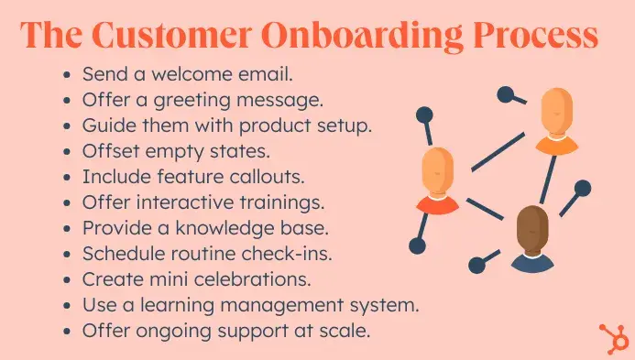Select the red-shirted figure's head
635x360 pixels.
[x=437, y=170]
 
